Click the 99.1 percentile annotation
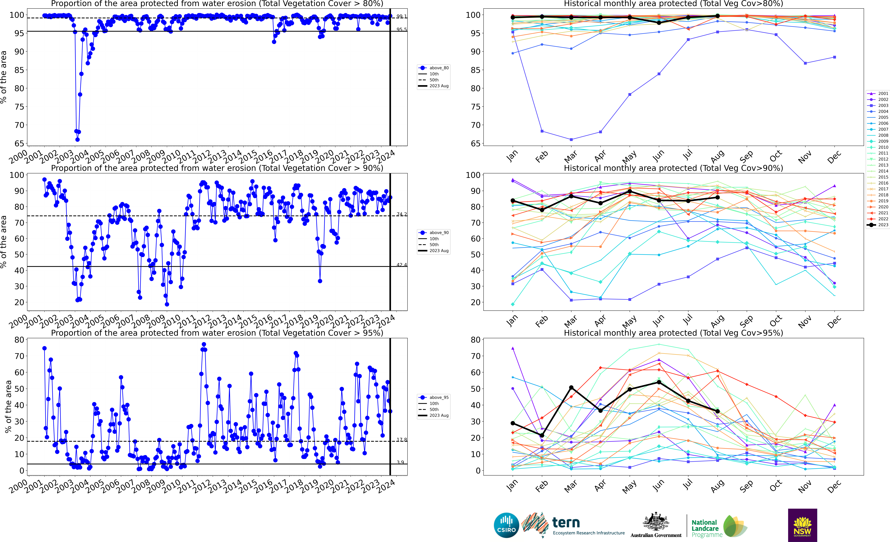click(x=401, y=16)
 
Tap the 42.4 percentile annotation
click(x=401, y=265)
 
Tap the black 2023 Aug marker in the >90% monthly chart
click(x=717, y=197)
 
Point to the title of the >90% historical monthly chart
click(x=673, y=168)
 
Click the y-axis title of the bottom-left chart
click(x=8, y=406)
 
